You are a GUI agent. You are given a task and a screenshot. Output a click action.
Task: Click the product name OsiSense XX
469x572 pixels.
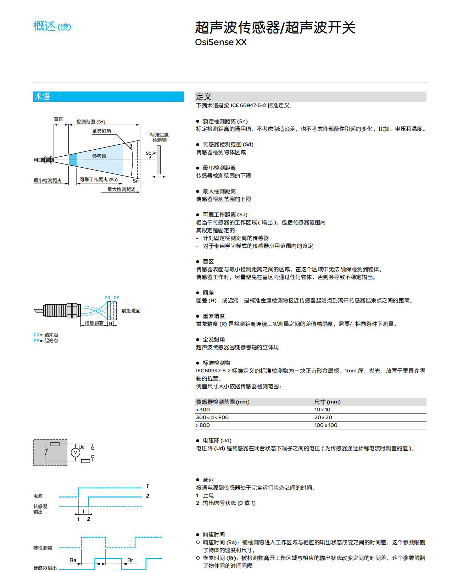pos(220,42)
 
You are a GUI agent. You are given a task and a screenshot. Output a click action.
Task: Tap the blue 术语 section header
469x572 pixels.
pos(42,97)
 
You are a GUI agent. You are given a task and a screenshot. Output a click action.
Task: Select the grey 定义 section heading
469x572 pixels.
pos(203,97)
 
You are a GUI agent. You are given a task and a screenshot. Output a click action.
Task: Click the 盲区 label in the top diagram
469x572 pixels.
pos(58,119)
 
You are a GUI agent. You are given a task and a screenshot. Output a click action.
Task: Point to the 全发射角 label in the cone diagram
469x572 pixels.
pos(101,131)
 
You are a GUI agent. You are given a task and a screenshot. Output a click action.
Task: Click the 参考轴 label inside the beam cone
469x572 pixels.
pos(99,156)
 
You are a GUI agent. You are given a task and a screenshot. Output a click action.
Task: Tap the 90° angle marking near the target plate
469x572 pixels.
pos(149,154)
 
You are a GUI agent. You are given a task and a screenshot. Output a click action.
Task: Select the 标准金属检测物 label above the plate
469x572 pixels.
pos(159,137)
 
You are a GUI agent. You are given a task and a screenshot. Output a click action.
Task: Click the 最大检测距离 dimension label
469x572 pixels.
pos(121,189)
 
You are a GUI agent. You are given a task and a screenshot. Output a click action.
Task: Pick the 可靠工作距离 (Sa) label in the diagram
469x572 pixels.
pos(99,180)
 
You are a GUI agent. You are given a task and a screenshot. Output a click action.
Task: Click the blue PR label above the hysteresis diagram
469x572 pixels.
pos(107,298)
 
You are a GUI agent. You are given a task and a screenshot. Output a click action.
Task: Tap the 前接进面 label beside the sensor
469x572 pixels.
pos(131,311)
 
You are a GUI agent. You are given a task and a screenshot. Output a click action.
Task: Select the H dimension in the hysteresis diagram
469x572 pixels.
pos(110,323)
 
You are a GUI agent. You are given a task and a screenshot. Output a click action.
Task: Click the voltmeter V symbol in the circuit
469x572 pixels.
pos(75,452)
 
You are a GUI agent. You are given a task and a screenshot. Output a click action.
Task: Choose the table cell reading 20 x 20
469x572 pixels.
pos(323,417)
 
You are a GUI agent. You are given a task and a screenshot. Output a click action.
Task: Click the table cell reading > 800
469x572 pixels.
pos(203,425)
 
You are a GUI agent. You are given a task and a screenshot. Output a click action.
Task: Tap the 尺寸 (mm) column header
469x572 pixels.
pos(327,402)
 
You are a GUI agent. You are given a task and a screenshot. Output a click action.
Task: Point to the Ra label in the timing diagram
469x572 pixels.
pos(73,560)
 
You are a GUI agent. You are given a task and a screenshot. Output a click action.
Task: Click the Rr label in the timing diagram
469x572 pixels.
pos(130,560)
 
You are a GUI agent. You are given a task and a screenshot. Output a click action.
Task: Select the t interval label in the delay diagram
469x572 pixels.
pos(84,511)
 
